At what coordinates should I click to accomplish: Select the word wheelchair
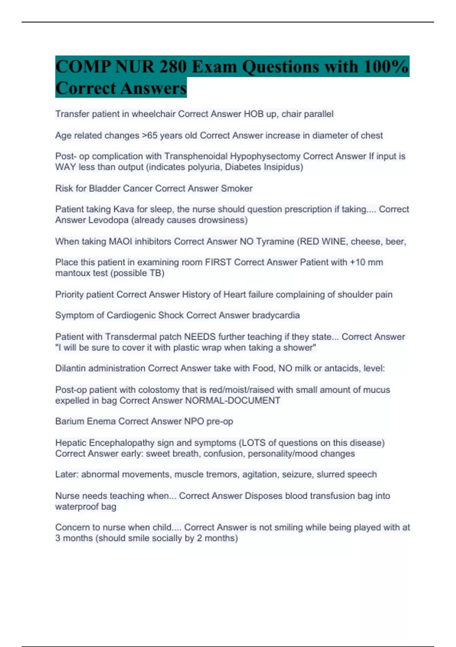point(154,114)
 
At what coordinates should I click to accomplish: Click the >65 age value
point(149,135)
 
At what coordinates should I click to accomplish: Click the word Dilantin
point(71,368)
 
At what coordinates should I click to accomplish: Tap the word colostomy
point(159,390)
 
